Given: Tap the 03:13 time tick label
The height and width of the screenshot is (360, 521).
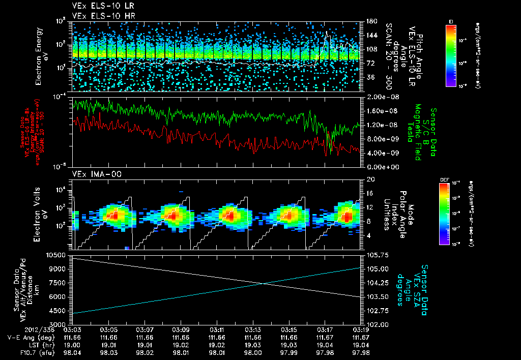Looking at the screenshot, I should coord(253,329).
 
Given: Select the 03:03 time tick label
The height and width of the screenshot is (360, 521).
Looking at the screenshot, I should coord(73,329).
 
